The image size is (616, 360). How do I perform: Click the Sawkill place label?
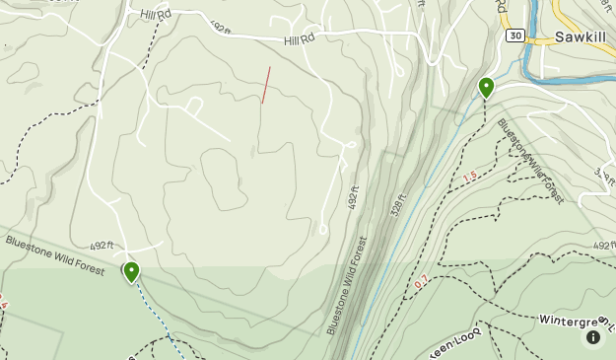(x=584, y=37)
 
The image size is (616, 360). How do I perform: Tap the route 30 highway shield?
(x=514, y=35)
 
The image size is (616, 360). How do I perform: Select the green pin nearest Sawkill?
(x=486, y=88)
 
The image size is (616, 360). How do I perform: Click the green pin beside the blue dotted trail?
(x=131, y=271)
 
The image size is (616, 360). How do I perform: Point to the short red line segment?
(x=265, y=86)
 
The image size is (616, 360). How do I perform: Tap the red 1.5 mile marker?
(x=469, y=177)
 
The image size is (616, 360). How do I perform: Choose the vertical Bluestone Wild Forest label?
(x=348, y=285)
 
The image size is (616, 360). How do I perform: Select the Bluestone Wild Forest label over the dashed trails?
(x=531, y=162)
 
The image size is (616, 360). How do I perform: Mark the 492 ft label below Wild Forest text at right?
(x=603, y=244)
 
